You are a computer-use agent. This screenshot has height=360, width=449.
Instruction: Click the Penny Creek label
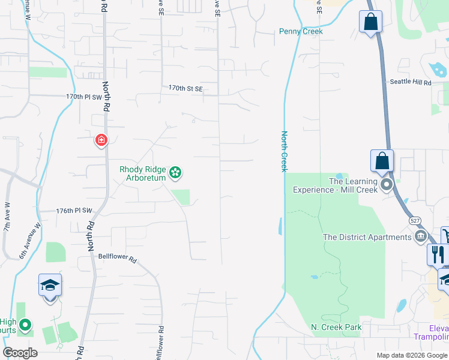[x=301, y=31]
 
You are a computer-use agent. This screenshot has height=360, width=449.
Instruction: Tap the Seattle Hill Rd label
[x=411, y=82]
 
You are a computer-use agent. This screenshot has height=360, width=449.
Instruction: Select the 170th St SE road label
[x=185, y=88]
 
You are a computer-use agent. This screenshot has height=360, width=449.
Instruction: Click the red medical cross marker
[x=101, y=140]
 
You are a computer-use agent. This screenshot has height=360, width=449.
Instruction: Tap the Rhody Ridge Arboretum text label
[x=142, y=173]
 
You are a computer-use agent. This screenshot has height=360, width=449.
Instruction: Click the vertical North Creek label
[x=285, y=151]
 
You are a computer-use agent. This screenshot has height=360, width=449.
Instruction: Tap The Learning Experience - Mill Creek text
[x=335, y=185]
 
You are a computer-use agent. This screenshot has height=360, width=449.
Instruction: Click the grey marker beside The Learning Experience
[x=387, y=184]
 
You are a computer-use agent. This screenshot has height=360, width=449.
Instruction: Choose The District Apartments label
[x=367, y=237]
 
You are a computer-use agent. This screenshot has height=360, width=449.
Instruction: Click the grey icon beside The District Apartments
[x=420, y=236]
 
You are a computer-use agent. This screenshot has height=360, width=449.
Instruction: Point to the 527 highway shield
[x=415, y=221]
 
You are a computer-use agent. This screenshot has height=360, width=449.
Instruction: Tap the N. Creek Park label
[x=336, y=327]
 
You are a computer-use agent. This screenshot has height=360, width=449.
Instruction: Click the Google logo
[x=20, y=353]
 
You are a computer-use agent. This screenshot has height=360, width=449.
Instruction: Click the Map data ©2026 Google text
[x=411, y=355]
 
